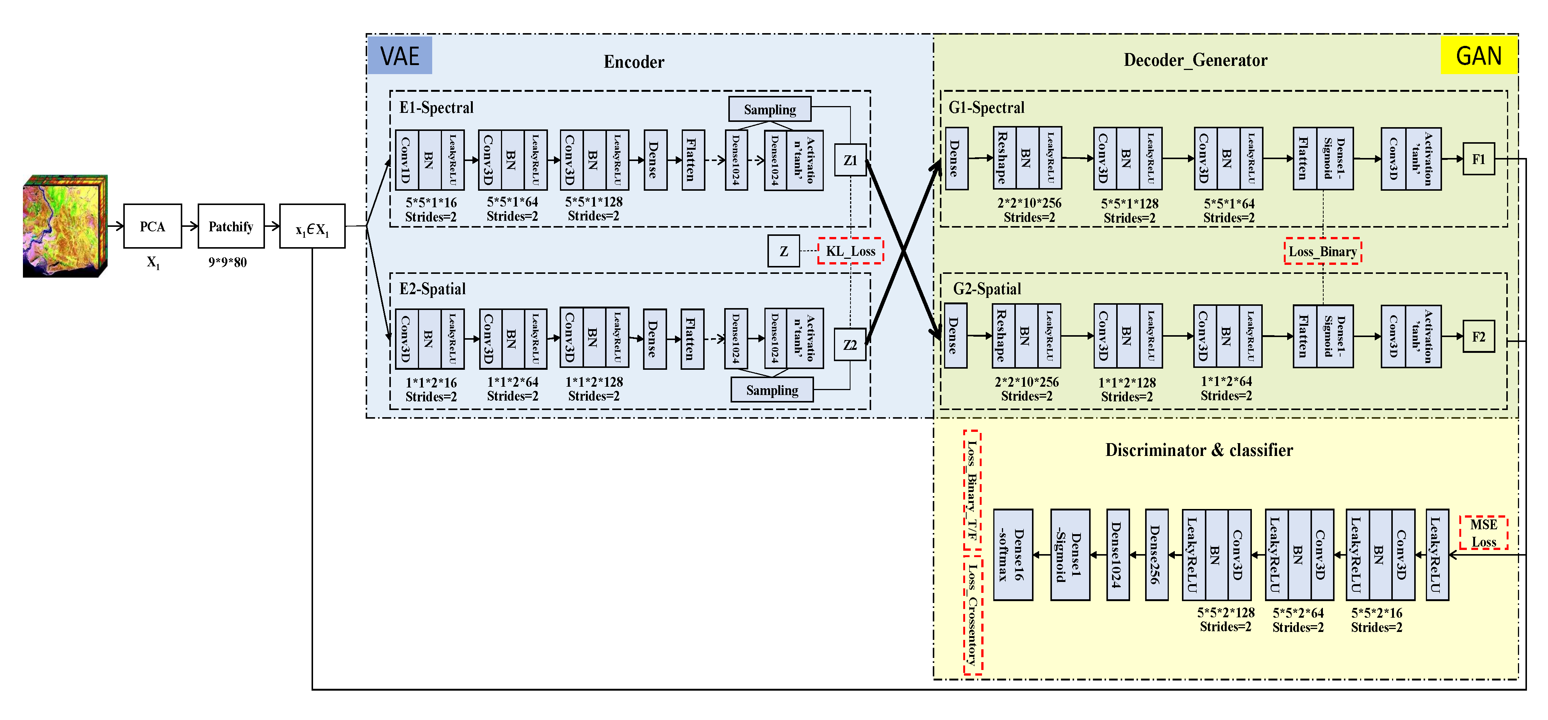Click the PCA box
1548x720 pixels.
(x=152, y=226)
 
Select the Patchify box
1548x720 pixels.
(x=231, y=226)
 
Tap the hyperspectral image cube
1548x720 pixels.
(x=65, y=226)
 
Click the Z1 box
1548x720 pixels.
(x=850, y=160)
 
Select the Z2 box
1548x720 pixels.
(x=850, y=345)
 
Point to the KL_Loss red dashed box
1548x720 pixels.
(x=850, y=251)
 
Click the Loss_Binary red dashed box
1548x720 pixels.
(x=1323, y=251)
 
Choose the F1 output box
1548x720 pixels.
(x=1478, y=159)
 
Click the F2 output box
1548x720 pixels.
(x=1478, y=337)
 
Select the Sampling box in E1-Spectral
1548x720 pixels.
(x=769, y=109)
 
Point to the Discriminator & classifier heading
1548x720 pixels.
(x=1199, y=450)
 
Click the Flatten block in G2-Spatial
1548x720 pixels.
(x=1304, y=336)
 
